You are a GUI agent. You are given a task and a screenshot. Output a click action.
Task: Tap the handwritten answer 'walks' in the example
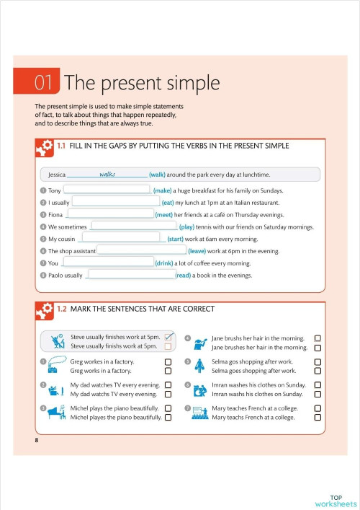pos(107,174)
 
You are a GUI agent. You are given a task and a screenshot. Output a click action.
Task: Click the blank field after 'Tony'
pos(107,190)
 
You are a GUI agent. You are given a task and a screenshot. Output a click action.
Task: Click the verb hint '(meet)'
pos(168,215)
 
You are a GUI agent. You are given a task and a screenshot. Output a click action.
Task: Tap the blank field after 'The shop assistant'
pos(141,251)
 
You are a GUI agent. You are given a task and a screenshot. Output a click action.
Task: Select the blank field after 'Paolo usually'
pos(130,276)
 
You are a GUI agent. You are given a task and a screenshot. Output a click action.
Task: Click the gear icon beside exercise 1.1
pos(44,147)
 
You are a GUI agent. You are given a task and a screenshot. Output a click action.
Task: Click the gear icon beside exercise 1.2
pos(44,310)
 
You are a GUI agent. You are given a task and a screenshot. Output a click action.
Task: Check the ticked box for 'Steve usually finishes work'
pos(168,337)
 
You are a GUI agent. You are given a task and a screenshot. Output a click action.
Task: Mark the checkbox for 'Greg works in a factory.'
pos(168,371)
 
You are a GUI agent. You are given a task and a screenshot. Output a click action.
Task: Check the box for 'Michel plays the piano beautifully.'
pos(168,408)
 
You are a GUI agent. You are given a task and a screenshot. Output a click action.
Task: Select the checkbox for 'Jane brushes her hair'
pos(318,348)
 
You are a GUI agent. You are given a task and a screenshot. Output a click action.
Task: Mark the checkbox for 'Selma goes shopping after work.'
pos(318,371)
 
